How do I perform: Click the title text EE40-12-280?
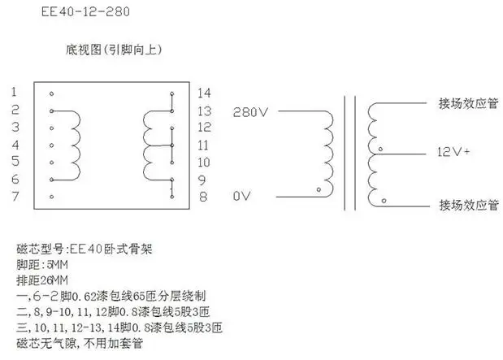[85, 12]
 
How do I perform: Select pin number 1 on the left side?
[15, 92]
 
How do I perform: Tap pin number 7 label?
[15, 197]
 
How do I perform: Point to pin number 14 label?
[204, 92]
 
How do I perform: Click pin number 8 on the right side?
[204, 197]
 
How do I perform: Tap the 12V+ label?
[455, 152]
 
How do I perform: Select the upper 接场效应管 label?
[467, 104]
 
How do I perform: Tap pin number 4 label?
[15, 145]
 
